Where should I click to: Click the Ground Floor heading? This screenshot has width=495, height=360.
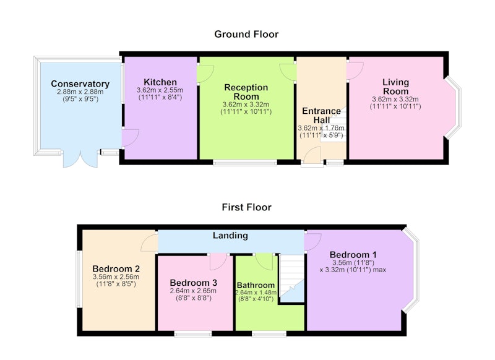click(x=246, y=34)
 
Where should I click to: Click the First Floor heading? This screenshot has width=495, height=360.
click(x=246, y=207)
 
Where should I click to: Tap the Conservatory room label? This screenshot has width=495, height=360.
click(x=80, y=84)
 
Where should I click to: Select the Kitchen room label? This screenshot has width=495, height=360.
click(x=160, y=82)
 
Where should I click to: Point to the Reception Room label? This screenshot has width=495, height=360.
click(x=246, y=92)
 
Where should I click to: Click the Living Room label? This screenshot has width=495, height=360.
click(x=395, y=87)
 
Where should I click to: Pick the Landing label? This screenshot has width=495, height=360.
click(x=230, y=236)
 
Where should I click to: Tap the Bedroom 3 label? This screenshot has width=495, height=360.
click(x=193, y=283)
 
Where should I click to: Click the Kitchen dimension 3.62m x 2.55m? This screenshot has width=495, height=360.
click(x=160, y=90)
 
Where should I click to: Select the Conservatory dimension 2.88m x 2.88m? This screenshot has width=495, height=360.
click(x=80, y=92)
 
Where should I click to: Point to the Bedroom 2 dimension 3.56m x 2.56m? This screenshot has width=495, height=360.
click(x=116, y=277)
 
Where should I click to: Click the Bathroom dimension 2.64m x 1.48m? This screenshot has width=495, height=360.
click(x=256, y=293)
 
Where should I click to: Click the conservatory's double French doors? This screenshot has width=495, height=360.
click(x=80, y=159)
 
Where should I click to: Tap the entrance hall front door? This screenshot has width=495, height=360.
click(x=312, y=155)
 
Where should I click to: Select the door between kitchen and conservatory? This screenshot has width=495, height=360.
click(x=130, y=138)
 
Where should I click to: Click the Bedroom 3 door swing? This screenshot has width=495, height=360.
click(x=218, y=262)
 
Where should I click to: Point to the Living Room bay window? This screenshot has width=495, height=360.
click(x=454, y=107)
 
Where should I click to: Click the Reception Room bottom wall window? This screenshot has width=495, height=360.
click(x=245, y=163)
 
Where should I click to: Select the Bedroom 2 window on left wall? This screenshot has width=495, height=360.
click(x=79, y=278)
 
